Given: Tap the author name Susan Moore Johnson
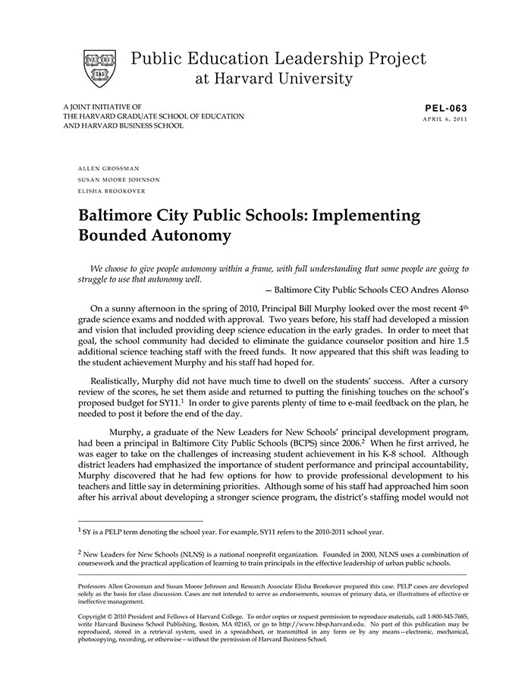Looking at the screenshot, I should [x=119, y=179].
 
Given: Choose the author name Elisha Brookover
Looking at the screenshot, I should [x=112, y=191].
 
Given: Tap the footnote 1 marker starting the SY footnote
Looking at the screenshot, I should [x=80, y=531].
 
